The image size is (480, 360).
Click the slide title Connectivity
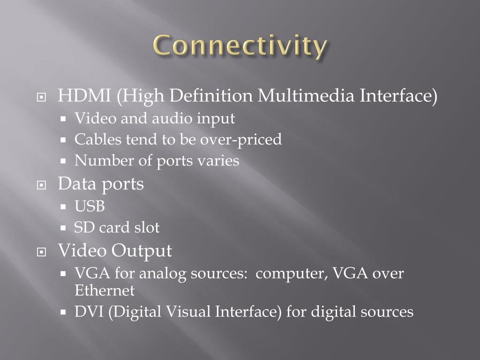pos(240,47)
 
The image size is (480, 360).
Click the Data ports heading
pos(101,184)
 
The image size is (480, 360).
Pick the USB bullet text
pos(90,206)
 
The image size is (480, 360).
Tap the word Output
pos(142,251)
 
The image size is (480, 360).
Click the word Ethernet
pos(105,291)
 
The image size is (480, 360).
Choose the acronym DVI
pos(89,312)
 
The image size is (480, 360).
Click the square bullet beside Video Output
pos(42,252)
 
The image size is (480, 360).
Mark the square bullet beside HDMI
pos(42,97)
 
